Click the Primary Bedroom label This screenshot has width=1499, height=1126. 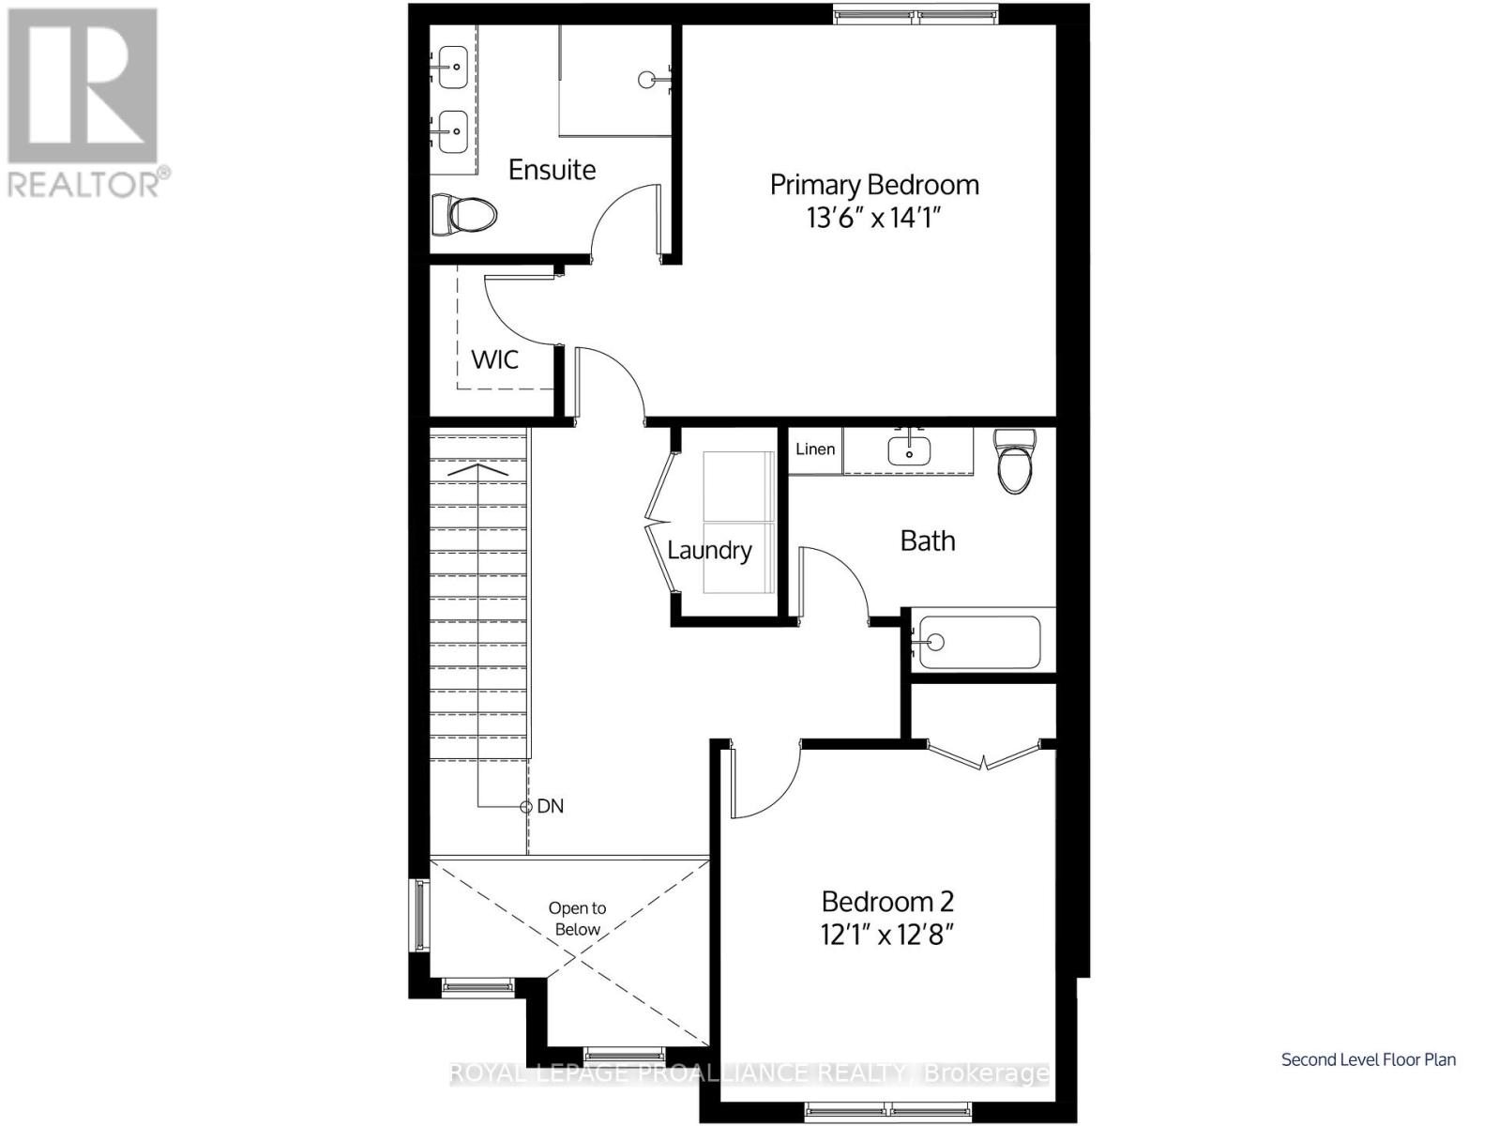[x=874, y=184]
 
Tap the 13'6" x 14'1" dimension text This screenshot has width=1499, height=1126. [x=873, y=219]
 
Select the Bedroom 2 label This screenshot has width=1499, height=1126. [x=887, y=902]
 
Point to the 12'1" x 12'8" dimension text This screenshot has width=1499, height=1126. [x=887, y=936]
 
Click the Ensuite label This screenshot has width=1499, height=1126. [x=552, y=170]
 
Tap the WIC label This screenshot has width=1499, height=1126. [x=494, y=359]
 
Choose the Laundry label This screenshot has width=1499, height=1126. [x=709, y=550]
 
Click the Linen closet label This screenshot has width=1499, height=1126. [x=815, y=449]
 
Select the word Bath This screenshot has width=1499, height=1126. [x=928, y=540]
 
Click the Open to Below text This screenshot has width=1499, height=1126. [x=577, y=919]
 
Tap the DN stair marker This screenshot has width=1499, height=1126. [x=549, y=806]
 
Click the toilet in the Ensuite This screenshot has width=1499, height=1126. [x=464, y=215]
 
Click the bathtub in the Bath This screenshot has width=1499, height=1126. [x=978, y=642]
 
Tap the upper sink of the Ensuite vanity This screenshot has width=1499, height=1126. [x=454, y=67]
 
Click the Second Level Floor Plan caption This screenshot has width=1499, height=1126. [x=1369, y=1059]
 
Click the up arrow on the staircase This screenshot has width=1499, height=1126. [x=478, y=468]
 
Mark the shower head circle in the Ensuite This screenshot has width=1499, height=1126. [x=647, y=80]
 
